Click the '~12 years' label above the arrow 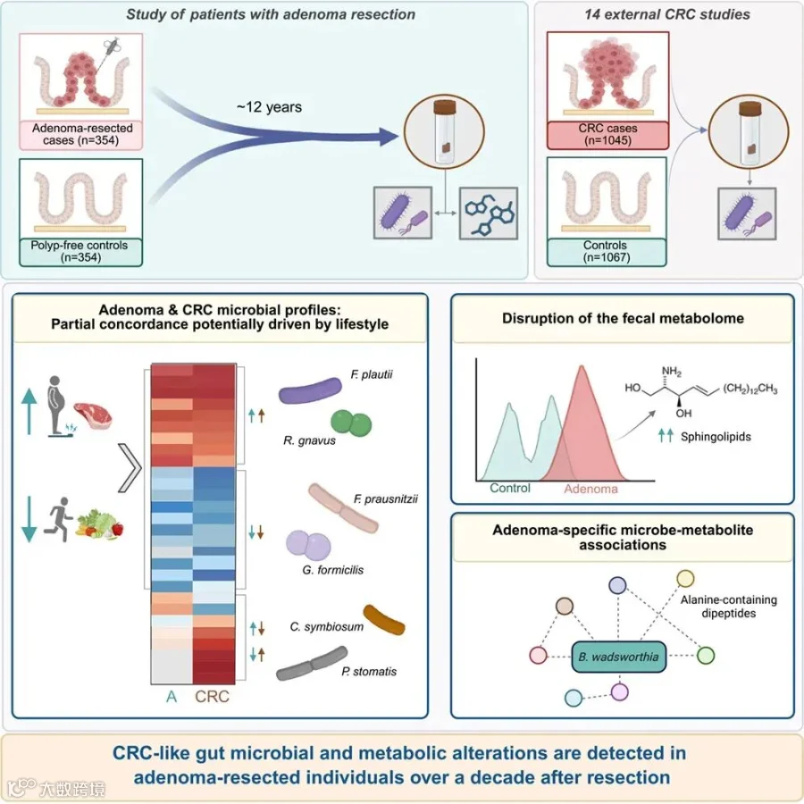[x=269, y=107]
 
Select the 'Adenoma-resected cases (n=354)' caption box [x=81, y=135]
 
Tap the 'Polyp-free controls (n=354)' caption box [x=81, y=252]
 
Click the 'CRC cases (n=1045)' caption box [x=607, y=135]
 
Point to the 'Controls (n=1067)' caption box [x=607, y=252]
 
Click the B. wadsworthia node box [x=618, y=657]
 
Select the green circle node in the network [x=706, y=656]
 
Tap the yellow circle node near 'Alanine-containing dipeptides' [x=685, y=578]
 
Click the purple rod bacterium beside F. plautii [x=310, y=390]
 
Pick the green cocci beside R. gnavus [x=351, y=423]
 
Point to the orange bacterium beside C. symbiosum [x=383, y=619]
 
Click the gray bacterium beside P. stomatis [x=312, y=664]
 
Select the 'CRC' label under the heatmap [x=212, y=697]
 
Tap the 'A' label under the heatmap [x=172, y=697]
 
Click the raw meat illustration [x=92, y=415]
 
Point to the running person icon [x=57, y=519]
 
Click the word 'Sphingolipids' [x=716, y=437]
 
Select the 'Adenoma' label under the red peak [x=590, y=490]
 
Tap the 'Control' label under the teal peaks [x=510, y=488]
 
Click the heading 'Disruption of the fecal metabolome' [x=623, y=318]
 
